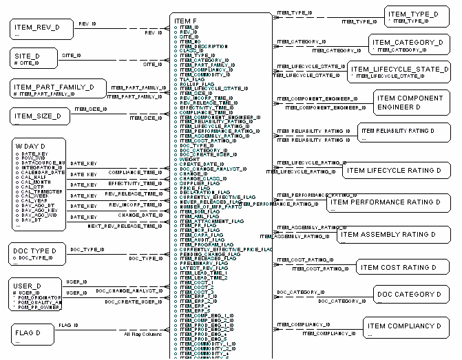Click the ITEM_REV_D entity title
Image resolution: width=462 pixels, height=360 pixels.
coord(37,28)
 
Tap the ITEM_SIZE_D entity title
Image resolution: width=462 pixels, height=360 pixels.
coord(38,116)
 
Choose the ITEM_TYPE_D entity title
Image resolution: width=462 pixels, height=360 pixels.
coord(412,14)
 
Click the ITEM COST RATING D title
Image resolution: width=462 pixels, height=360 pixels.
coord(398,267)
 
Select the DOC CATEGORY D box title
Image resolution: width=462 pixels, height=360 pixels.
coord(408,295)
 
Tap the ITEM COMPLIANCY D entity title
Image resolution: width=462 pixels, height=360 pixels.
coord(403,326)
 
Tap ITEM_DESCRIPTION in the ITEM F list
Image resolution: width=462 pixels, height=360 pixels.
coord(203,46)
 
